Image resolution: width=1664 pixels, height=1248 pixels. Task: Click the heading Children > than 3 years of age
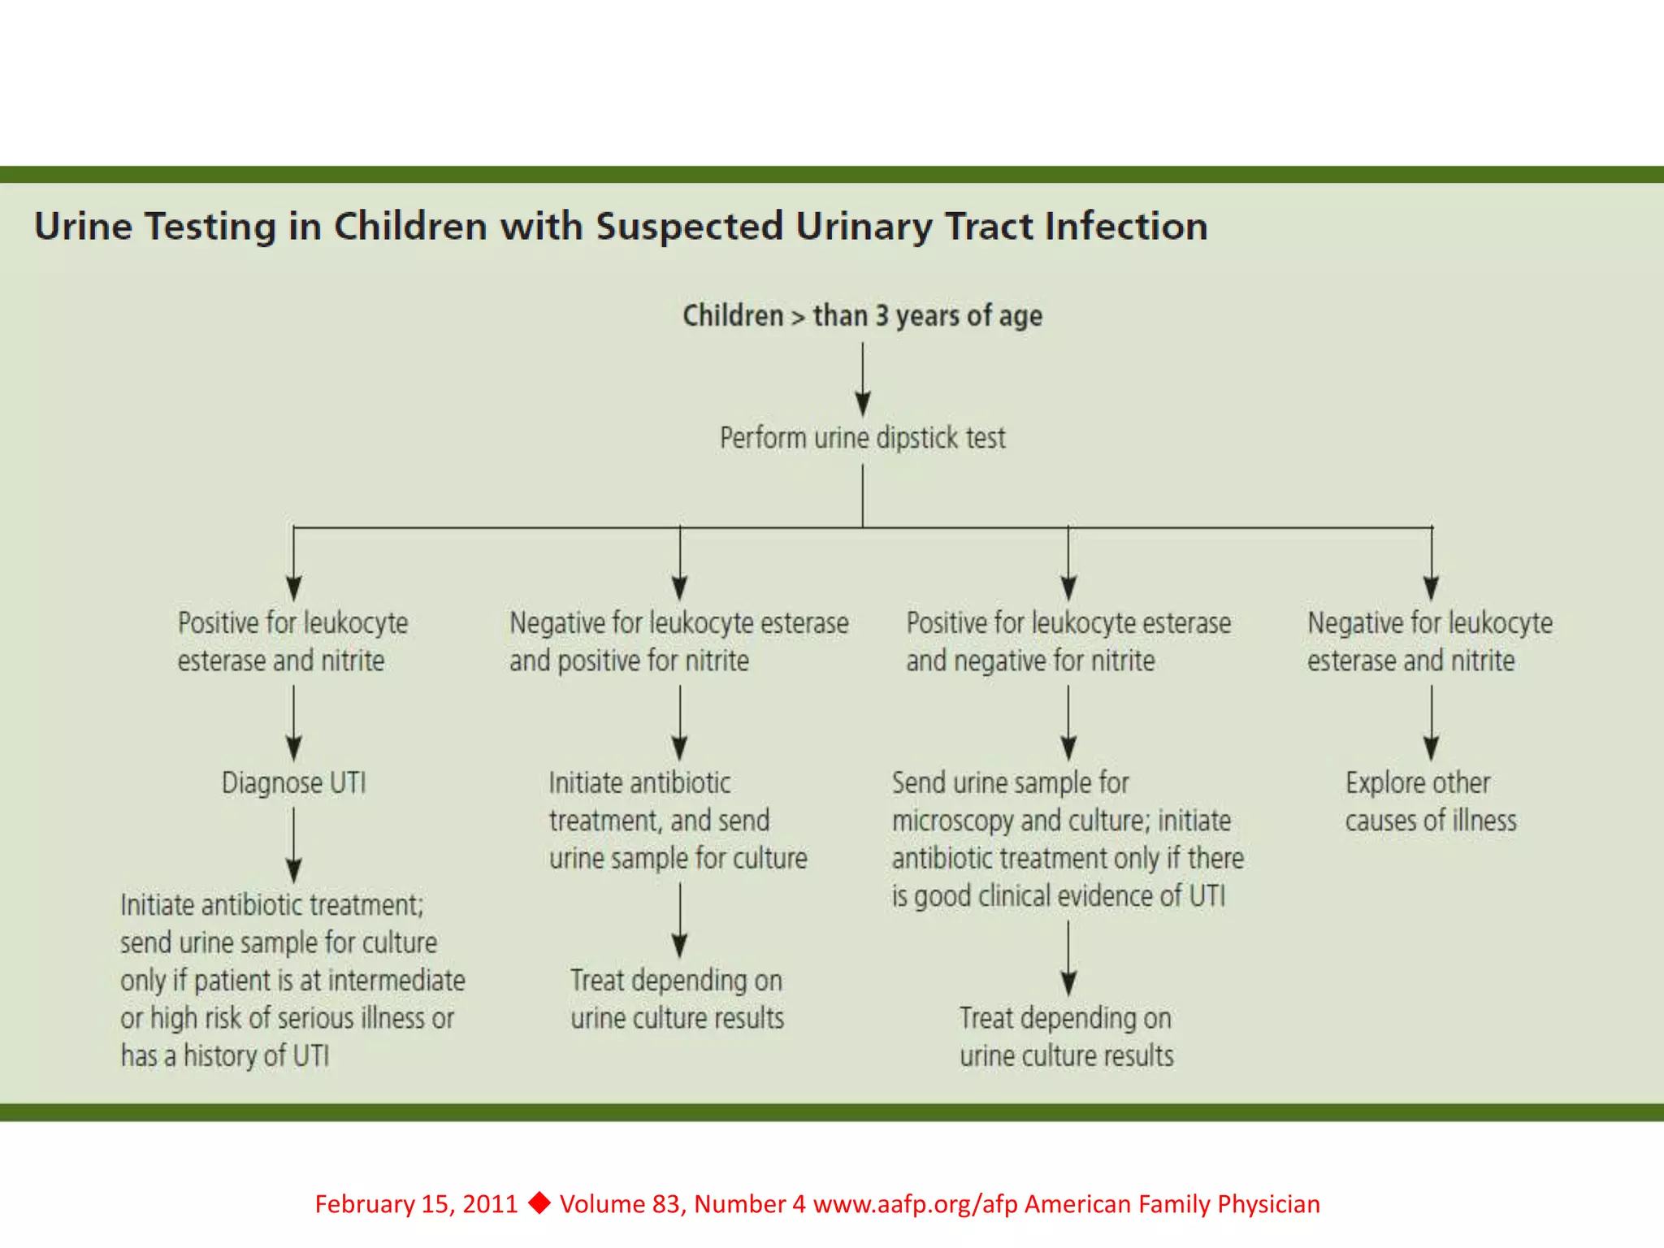click(x=862, y=315)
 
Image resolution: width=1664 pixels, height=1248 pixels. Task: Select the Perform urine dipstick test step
click(x=862, y=438)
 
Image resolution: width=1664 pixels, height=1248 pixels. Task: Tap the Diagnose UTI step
click(x=293, y=783)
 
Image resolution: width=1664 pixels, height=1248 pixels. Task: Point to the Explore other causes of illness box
click(x=1430, y=802)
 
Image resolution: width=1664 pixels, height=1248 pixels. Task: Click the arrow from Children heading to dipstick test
click(x=863, y=378)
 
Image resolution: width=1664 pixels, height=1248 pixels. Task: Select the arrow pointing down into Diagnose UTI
click(x=294, y=723)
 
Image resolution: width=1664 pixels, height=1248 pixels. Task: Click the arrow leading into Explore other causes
click(x=1432, y=723)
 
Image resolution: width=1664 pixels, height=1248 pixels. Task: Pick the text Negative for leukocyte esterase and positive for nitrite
click(x=678, y=642)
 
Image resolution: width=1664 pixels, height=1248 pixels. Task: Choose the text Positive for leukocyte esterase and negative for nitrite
click(x=1068, y=642)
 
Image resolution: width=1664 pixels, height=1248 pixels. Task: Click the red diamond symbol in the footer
click(x=539, y=1202)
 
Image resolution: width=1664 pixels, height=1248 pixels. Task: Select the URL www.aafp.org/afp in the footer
click(x=915, y=1204)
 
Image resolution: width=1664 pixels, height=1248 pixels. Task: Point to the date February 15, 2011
click(x=416, y=1204)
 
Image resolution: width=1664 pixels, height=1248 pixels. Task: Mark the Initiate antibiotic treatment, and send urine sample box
click(x=678, y=821)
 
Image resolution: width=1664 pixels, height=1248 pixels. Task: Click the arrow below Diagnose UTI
click(x=294, y=845)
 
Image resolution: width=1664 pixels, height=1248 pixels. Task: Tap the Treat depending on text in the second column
click(x=676, y=981)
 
